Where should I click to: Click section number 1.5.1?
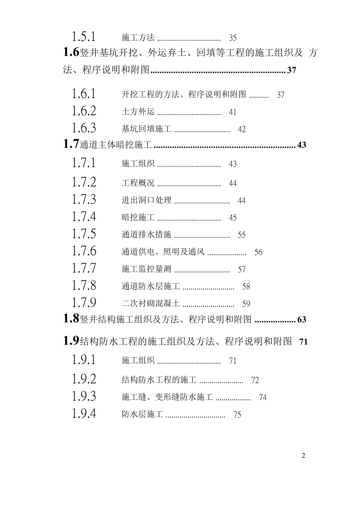pyautogui.click(x=84, y=37)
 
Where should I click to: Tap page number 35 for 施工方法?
pyautogui.click(x=233, y=38)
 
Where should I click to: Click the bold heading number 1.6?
pyautogui.click(x=71, y=52)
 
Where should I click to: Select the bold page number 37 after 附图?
pyautogui.click(x=291, y=70)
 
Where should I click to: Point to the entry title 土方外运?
pyautogui.click(x=138, y=112)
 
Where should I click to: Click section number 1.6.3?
pyautogui.click(x=84, y=128)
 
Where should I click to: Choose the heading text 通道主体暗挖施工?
pyautogui.click(x=116, y=145)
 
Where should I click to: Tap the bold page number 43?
pyautogui.click(x=302, y=145)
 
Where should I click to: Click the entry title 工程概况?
pyautogui.click(x=138, y=183)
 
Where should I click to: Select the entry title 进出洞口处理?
pyautogui.click(x=146, y=200)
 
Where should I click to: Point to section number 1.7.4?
pyautogui.click(x=84, y=217)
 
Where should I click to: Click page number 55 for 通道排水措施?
pyautogui.click(x=241, y=235)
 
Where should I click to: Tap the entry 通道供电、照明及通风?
pyautogui.click(x=163, y=252)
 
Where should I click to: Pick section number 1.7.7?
pyautogui.click(x=84, y=268)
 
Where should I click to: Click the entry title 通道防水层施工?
pyautogui.click(x=150, y=287)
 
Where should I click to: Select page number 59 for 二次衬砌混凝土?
pyautogui.click(x=246, y=304)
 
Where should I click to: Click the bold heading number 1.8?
pyautogui.click(x=71, y=319)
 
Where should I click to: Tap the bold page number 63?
pyautogui.click(x=302, y=319)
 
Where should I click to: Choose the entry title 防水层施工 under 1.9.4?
pyautogui.click(x=142, y=415)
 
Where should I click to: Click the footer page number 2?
pyautogui.click(x=303, y=456)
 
